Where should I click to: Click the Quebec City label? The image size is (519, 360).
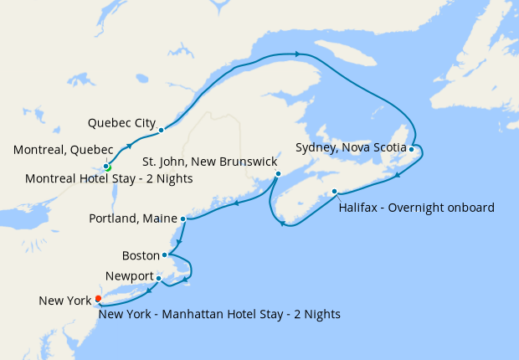click(121, 122)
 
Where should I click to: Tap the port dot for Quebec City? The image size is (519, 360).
click(160, 130)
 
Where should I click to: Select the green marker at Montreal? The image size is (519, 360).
click(108, 167)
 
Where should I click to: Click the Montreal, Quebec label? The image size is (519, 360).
click(63, 150)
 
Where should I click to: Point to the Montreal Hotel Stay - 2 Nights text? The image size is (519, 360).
click(109, 178)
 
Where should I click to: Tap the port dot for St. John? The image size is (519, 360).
click(278, 174)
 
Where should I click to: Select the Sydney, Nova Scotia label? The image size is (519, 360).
click(351, 147)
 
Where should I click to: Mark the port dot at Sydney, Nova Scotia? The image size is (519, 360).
click(412, 149)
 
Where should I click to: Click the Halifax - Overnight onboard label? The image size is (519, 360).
click(416, 207)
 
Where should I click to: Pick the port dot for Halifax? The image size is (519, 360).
click(334, 192)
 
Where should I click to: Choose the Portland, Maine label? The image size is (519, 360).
click(132, 219)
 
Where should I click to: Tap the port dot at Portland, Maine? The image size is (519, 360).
click(182, 219)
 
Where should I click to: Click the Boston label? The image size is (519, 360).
click(140, 255)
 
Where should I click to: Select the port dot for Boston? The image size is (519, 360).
click(165, 255)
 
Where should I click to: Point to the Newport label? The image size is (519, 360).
click(130, 276)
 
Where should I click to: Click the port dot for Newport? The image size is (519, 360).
click(158, 278)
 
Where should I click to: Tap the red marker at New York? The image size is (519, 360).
click(99, 299)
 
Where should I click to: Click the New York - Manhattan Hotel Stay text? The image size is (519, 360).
click(219, 315)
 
